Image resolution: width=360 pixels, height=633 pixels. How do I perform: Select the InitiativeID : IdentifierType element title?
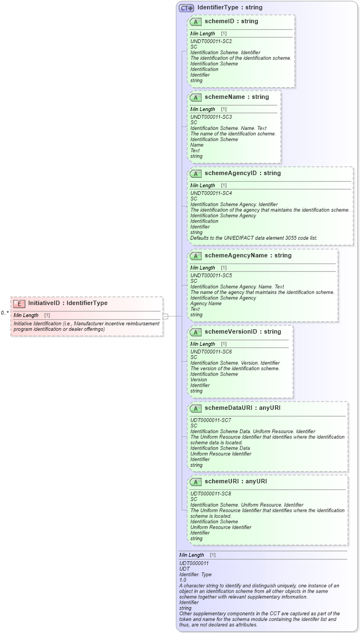tap(68, 303)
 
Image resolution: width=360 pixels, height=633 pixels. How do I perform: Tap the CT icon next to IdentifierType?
tap(186, 8)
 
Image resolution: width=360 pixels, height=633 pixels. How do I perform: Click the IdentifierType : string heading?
tap(230, 8)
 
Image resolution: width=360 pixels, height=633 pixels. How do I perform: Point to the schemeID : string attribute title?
tap(231, 22)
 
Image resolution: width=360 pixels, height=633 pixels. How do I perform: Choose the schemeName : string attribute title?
tap(236, 97)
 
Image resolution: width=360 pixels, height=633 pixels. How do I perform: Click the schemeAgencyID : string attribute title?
tap(242, 173)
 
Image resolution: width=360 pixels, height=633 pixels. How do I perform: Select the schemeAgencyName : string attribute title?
tap(248, 256)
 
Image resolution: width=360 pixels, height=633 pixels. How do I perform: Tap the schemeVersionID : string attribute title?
tap(242, 332)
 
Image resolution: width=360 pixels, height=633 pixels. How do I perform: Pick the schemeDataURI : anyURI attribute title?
tap(242, 408)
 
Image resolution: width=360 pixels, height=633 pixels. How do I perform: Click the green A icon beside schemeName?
tap(195, 98)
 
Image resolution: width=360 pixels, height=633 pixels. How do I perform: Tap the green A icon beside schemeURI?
tap(195, 482)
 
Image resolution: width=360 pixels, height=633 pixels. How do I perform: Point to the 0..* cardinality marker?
tap(5, 313)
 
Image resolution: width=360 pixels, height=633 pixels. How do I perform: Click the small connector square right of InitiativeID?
tap(165, 317)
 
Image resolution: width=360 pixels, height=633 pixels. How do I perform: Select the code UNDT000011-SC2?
tap(211, 41)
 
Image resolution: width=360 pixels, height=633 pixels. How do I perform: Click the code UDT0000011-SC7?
tap(210, 420)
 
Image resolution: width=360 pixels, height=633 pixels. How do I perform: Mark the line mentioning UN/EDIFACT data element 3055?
tap(253, 238)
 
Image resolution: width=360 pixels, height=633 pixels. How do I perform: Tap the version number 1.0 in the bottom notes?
tap(183, 580)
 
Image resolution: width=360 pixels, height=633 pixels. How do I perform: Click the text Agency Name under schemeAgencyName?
tap(206, 304)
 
